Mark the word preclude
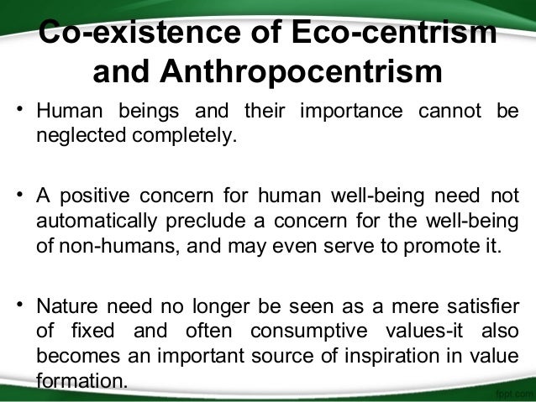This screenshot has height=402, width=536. tap(221, 222)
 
